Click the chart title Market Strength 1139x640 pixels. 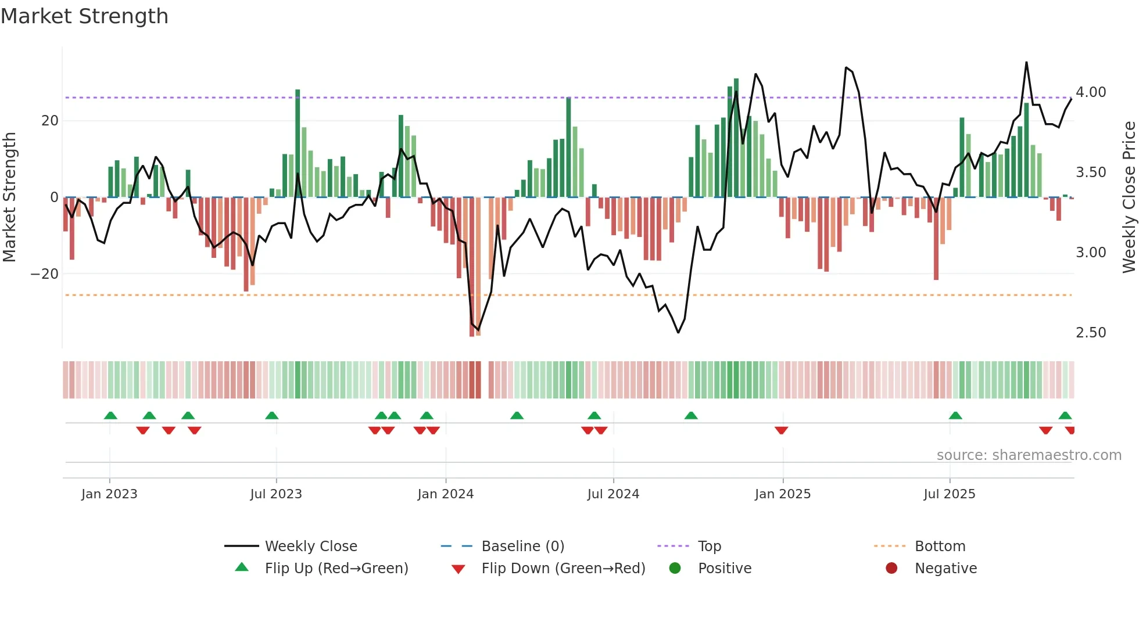pyautogui.click(x=84, y=16)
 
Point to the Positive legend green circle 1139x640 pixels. pyautogui.click(x=675, y=568)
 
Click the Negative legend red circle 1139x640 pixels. pyautogui.click(x=891, y=568)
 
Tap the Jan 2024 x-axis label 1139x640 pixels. pyautogui.click(x=445, y=494)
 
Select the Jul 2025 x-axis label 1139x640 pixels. pyautogui.click(x=949, y=494)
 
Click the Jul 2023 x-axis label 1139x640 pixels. pyautogui.click(x=276, y=494)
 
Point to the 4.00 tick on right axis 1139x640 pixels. pyautogui.click(x=1091, y=92)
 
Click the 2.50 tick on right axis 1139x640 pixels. pyautogui.click(x=1091, y=333)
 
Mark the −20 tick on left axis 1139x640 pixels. pyautogui.click(x=45, y=274)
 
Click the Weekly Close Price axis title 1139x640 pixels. pyautogui.click(x=1129, y=197)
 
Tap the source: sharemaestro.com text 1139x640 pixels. pyautogui.click(x=1029, y=455)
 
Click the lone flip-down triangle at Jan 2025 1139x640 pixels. pyautogui.click(x=781, y=430)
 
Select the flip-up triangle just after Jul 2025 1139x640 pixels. pyautogui.click(x=955, y=415)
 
